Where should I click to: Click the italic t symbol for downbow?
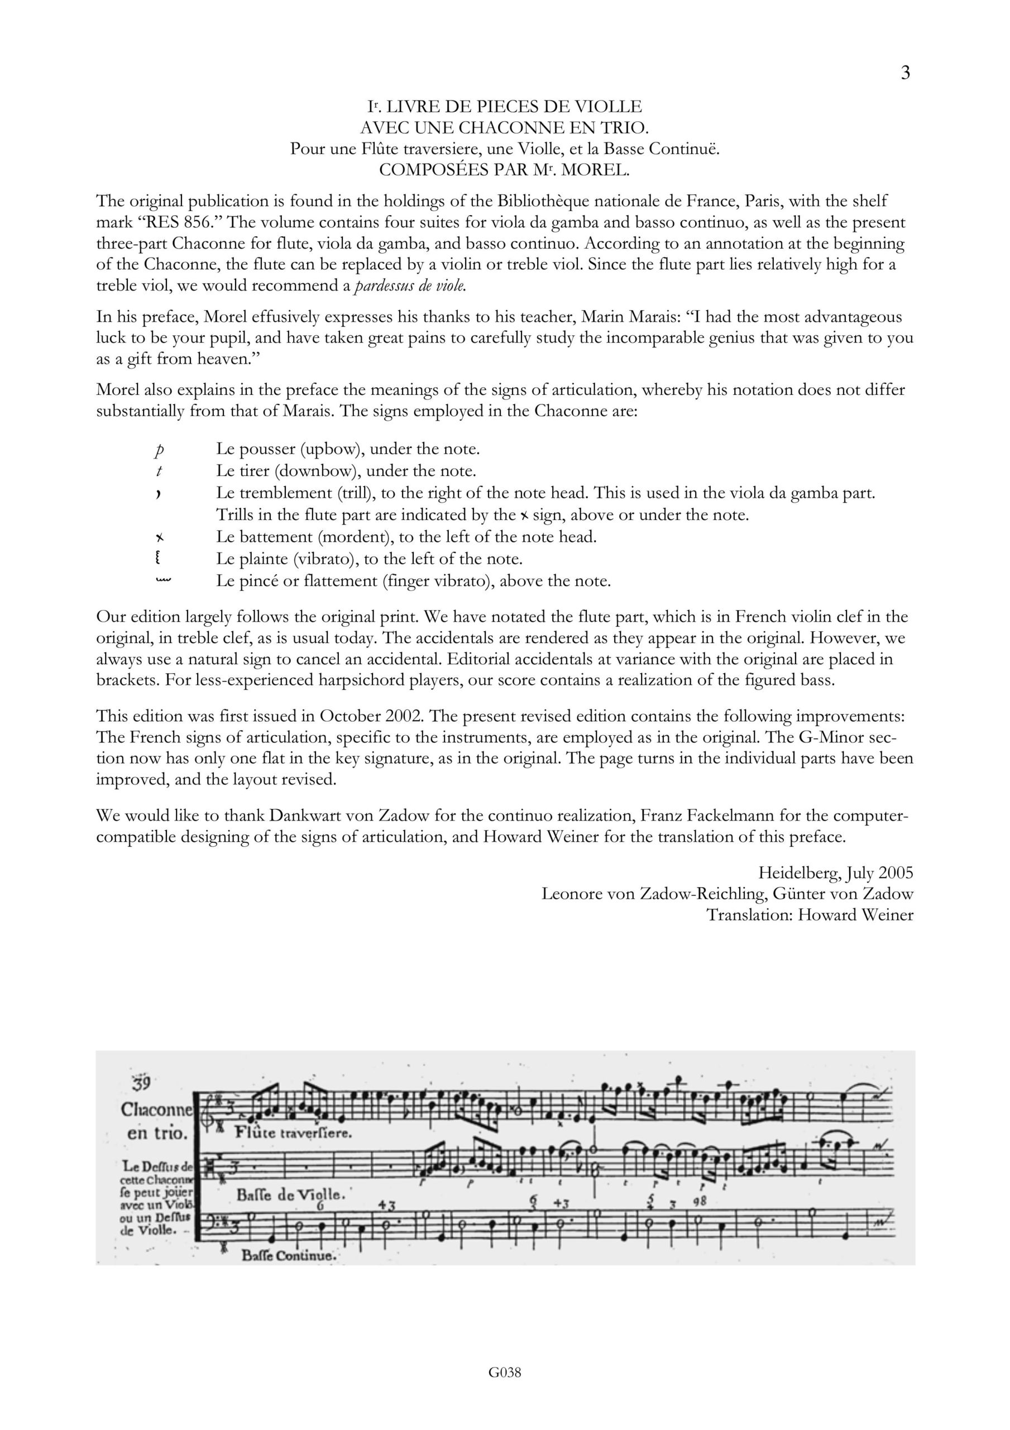tap(160, 471)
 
